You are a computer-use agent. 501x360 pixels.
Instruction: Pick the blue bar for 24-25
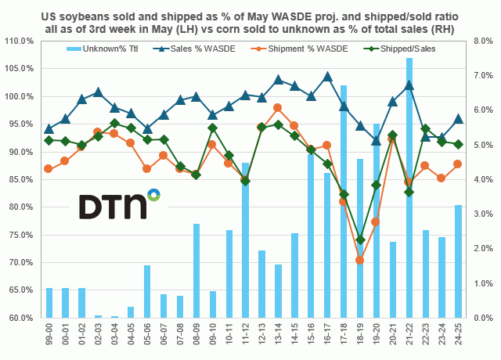click(458, 261)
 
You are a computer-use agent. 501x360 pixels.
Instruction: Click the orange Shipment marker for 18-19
click(360, 260)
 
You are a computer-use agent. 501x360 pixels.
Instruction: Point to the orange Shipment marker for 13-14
click(278, 107)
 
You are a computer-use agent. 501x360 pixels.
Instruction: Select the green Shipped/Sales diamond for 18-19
click(360, 239)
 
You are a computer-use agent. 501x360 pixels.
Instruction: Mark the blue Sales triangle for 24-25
click(458, 119)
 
